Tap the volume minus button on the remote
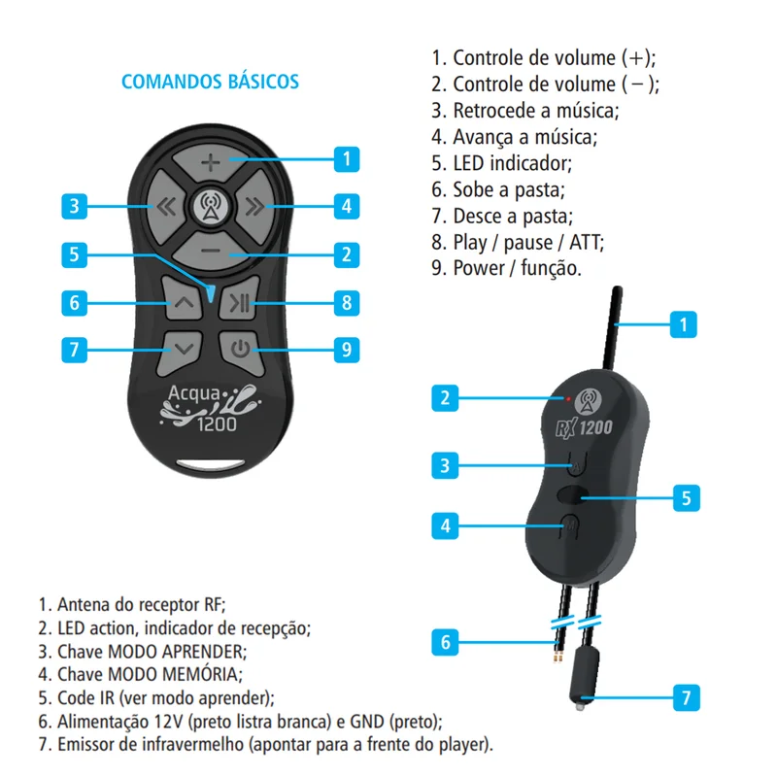pos(211,252)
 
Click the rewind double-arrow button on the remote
pos(165,207)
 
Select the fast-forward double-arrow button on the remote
pos(255,207)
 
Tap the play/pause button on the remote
pos(240,301)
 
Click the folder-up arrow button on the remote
pos(183,301)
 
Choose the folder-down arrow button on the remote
pos(182,351)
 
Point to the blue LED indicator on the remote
pos(211,293)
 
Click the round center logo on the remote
pos(211,206)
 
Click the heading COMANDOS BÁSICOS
pos(210,82)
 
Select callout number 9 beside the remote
pos(347,350)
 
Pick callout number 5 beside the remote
pos(75,254)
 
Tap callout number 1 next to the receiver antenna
pos(684,324)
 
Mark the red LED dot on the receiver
pos(568,398)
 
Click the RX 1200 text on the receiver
pos(585,427)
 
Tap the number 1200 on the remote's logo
pos(217,424)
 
